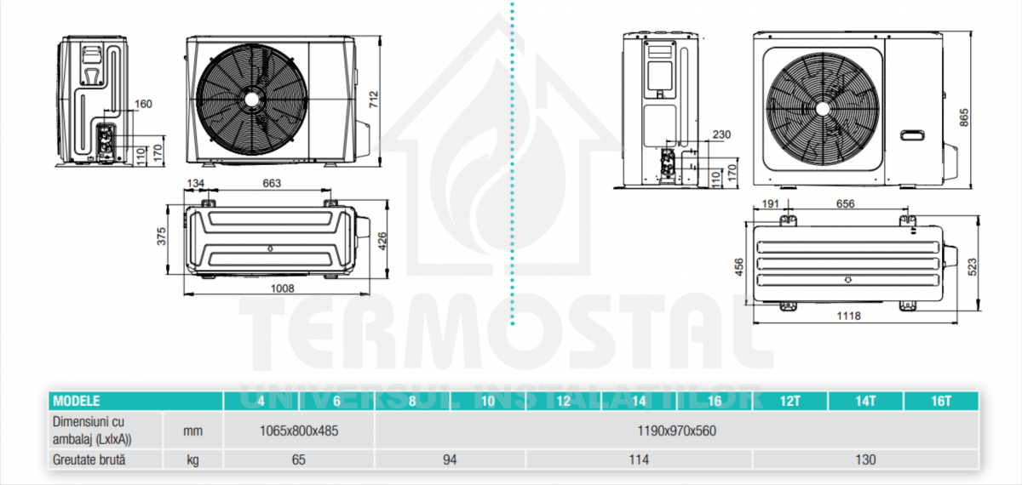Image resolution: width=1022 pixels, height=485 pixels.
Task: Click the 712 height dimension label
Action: pyautogui.click(x=374, y=100)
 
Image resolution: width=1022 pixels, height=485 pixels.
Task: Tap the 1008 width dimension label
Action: pyautogui.click(x=283, y=288)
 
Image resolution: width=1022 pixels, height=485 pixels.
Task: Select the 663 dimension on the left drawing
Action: pyautogui.click(x=272, y=183)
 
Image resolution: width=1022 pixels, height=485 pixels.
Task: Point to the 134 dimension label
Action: pyautogui.click(x=195, y=183)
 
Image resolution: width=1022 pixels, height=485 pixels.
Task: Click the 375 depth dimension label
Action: pyautogui.click(x=162, y=237)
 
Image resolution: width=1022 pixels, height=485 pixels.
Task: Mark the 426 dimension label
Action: pyautogui.click(x=382, y=241)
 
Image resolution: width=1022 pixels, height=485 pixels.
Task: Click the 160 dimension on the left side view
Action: pyautogui.click(x=143, y=104)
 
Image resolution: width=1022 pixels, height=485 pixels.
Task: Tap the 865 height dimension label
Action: pyautogui.click(x=963, y=117)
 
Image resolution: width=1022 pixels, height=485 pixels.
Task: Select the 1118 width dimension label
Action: pyautogui.click(x=848, y=316)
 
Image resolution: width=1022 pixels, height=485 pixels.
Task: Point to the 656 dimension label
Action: pyautogui.click(x=845, y=203)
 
